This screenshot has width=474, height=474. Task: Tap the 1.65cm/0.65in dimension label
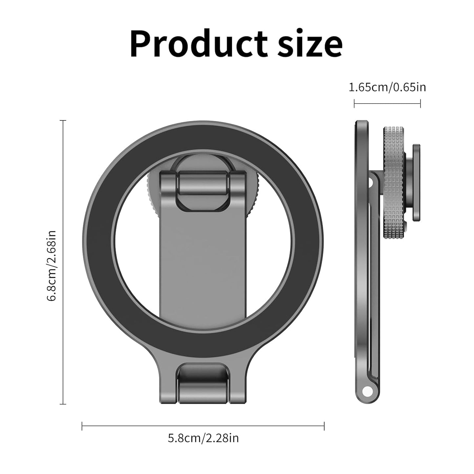(x=387, y=88)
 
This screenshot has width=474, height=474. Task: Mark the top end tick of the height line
(x=63, y=121)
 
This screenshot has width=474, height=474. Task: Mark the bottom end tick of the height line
(x=63, y=404)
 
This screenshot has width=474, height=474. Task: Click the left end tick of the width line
(x=82, y=426)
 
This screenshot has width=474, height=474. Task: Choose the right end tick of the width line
(x=324, y=426)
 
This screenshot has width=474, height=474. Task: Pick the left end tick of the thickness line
(x=354, y=104)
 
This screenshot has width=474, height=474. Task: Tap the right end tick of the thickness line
(x=420, y=104)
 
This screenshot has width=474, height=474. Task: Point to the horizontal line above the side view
(x=387, y=104)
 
